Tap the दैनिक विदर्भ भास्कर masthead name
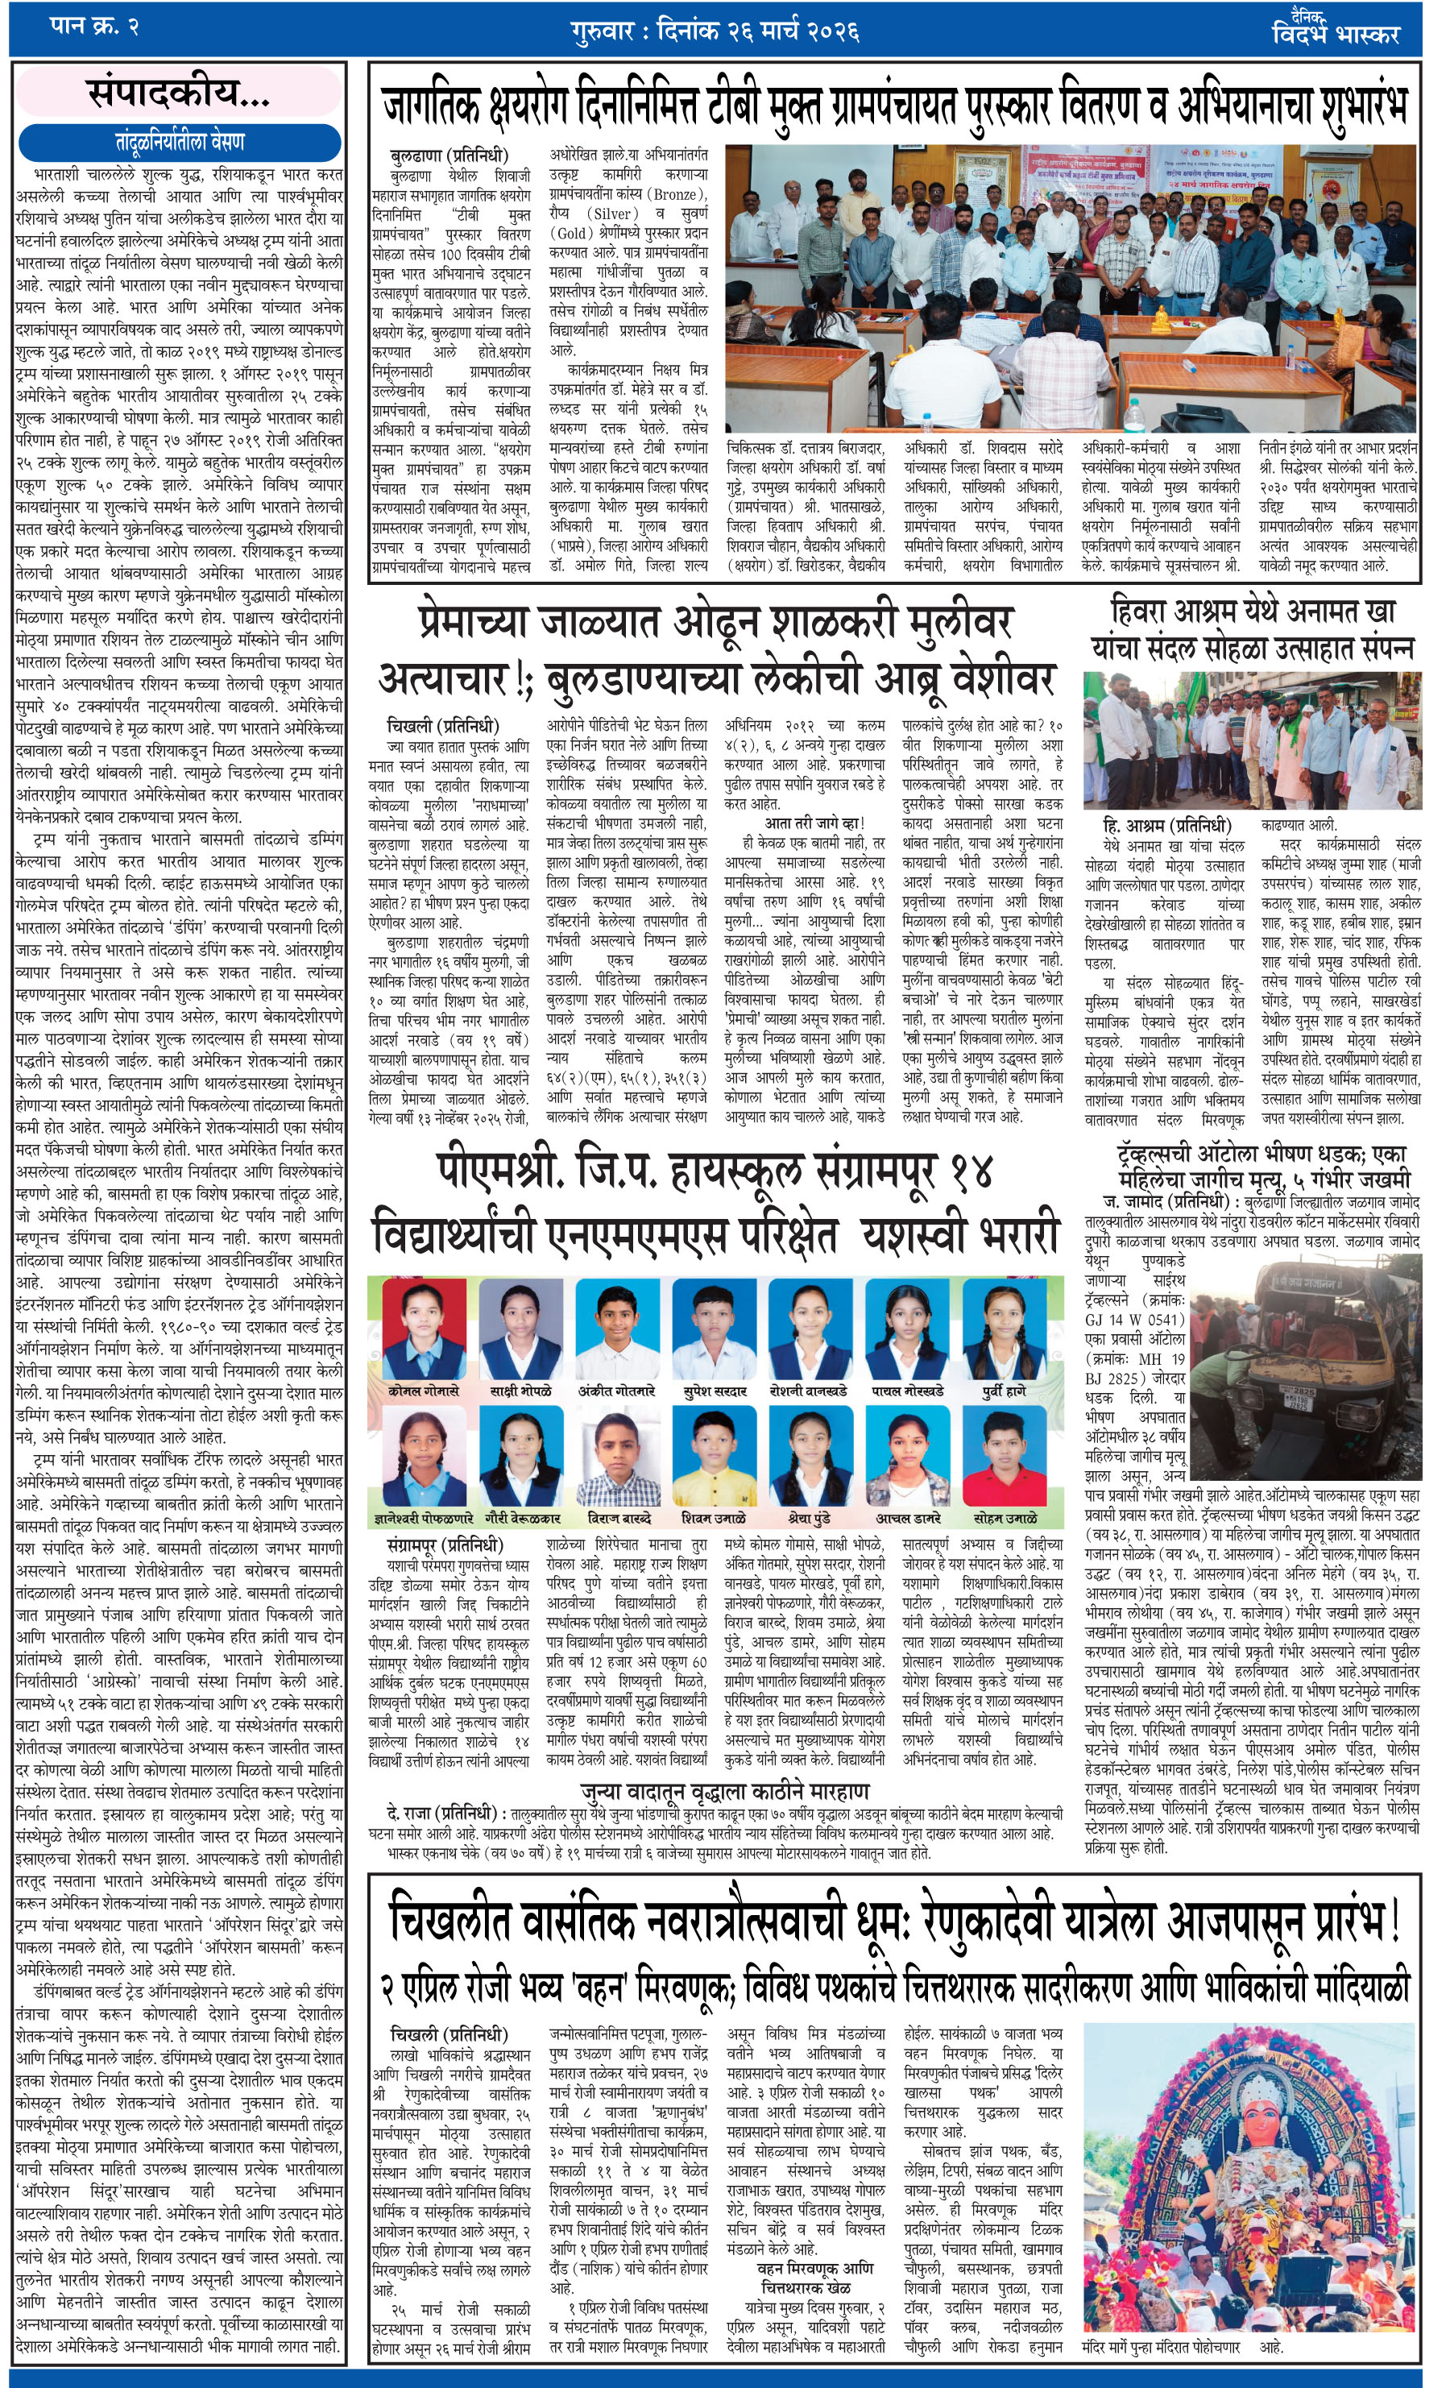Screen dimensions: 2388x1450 coord(1336,30)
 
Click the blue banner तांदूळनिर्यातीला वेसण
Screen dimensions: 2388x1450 coord(180,143)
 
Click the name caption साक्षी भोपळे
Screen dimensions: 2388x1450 coord(519,1391)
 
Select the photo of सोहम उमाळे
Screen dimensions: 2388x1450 coord(1005,1457)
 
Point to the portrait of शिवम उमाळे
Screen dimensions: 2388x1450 coord(714,1457)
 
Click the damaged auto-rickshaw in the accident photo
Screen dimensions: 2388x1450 coord(1289,1386)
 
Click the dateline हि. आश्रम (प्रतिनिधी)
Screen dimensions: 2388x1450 coord(1167,826)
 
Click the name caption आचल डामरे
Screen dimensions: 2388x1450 coord(907,1518)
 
